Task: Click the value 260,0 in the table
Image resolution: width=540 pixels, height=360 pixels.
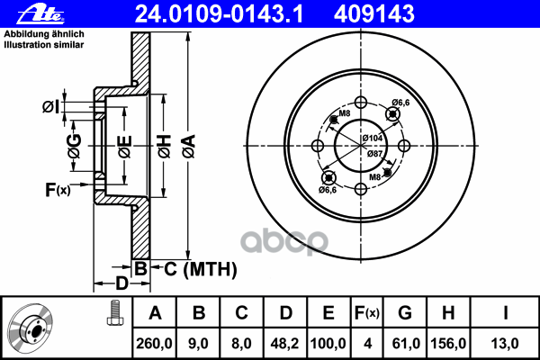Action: (x=154, y=343)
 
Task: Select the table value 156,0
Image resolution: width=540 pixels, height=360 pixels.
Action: (x=447, y=343)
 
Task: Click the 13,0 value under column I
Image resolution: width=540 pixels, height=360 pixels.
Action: (x=506, y=343)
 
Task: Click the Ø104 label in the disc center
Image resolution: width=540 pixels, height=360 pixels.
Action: (x=372, y=138)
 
